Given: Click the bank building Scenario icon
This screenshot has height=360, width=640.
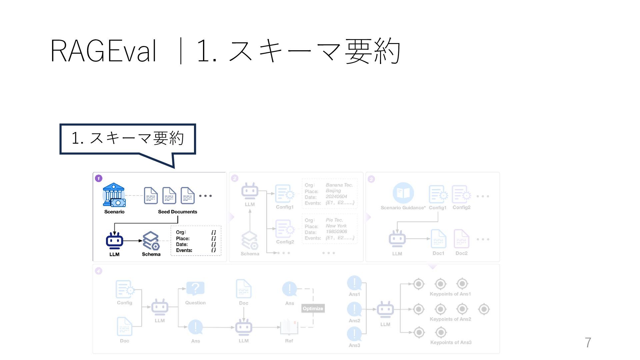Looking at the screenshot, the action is click(114, 195).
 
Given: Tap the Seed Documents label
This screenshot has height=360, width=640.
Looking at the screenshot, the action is click(177, 212).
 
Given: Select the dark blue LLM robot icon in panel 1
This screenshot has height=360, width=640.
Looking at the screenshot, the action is click(114, 241).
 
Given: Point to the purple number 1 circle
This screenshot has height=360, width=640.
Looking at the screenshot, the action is click(99, 178).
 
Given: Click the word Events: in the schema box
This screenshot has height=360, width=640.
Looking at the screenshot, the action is click(184, 250).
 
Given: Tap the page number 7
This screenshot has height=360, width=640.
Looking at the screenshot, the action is click(588, 343).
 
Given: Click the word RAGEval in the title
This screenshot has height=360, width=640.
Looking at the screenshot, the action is click(103, 51).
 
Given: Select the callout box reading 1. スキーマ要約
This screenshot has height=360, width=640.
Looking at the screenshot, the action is click(128, 139).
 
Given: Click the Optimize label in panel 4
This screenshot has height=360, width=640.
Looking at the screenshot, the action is click(313, 308).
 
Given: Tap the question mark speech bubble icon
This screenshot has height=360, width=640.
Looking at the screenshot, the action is click(195, 288).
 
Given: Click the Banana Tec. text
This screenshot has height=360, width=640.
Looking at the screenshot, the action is click(339, 185).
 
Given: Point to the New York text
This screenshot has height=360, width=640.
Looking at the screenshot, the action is click(336, 226).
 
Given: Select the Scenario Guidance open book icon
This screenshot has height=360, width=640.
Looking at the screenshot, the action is click(403, 193).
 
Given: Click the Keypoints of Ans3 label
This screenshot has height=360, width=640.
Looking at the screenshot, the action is click(451, 342).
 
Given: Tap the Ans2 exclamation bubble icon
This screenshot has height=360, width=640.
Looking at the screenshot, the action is click(354, 309).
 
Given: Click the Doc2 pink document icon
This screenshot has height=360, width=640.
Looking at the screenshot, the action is click(461, 239).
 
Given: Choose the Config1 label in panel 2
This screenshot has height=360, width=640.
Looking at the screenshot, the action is click(285, 207).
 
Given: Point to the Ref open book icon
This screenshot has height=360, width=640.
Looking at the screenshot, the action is click(289, 327).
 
